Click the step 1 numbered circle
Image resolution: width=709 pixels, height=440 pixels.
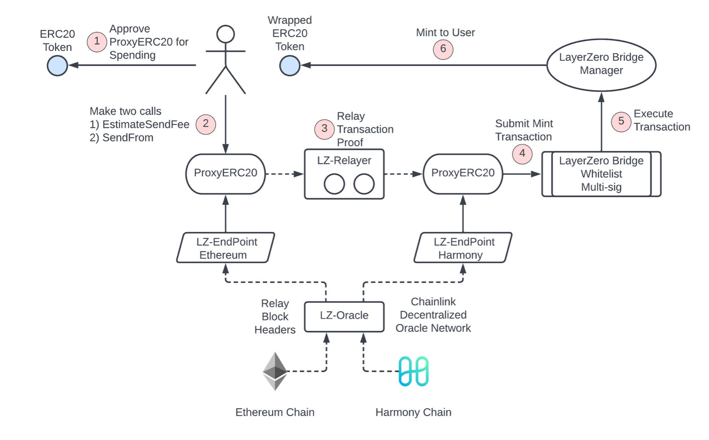click(97, 42)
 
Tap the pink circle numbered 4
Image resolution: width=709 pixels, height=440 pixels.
click(522, 154)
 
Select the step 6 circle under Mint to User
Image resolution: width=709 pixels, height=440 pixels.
click(443, 49)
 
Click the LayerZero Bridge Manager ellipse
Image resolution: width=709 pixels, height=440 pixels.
click(601, 65)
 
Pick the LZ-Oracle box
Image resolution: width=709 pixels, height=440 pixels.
click(344, 316)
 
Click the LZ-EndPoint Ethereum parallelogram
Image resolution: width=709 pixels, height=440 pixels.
click(225, 248)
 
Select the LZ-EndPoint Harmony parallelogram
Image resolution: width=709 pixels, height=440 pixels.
click(463, 248)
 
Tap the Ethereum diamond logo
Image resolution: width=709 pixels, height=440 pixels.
click(275, 371)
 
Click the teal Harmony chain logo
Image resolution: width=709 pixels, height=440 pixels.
click(413, 371)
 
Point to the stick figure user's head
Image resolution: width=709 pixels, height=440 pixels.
click(225, 34)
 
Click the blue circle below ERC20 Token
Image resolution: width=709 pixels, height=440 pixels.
click(57, 66)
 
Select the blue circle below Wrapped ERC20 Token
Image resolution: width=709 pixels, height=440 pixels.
click(290, 66)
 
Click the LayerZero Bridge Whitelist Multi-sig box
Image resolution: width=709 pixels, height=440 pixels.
click(601, 174)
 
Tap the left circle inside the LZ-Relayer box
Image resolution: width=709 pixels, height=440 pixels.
click(334, 184)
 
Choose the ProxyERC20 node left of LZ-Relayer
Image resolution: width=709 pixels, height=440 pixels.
click(225, 174)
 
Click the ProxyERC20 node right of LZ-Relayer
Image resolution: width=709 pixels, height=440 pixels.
click(463, 174)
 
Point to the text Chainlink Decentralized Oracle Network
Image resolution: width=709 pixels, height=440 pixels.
click(433, 315)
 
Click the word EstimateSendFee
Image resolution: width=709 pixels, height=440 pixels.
click(146, 124)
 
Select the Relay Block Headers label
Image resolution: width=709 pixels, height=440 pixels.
click(275, 317)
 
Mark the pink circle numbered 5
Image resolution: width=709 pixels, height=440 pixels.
click(621, 121)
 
